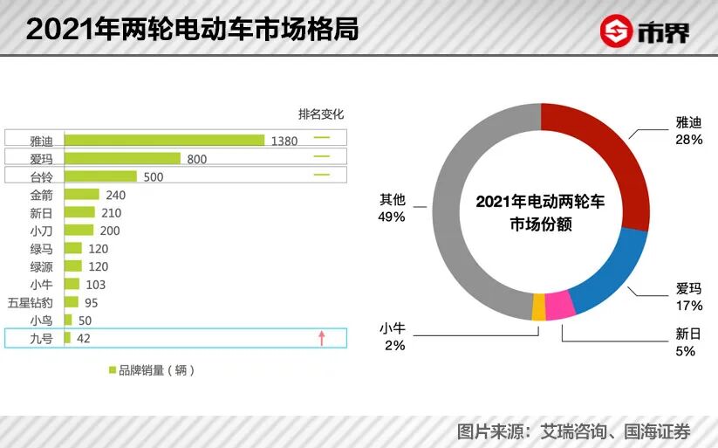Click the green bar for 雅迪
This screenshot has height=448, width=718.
pos(164,140)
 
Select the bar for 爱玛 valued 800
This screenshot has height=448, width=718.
pos(122,158)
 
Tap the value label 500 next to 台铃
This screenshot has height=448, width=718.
pos(154,176)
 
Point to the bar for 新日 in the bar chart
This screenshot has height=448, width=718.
pos(79,212)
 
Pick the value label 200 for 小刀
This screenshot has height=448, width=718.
pos(110,231)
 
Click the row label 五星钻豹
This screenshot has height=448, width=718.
pos(31,302)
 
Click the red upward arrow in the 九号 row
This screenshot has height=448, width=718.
pos(321,338)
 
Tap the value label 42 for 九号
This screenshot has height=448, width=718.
pos(85,338)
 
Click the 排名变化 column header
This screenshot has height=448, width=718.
pos(321,114)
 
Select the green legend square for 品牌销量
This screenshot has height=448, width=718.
pos(113,370)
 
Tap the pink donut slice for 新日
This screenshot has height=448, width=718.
pos(559,306)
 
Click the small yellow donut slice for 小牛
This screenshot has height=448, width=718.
pos(539,307)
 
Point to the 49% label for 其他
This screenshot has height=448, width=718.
pos(393,217)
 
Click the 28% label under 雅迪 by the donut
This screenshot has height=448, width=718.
pos(688,140)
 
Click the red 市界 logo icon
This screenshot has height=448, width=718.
pos(617,31)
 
